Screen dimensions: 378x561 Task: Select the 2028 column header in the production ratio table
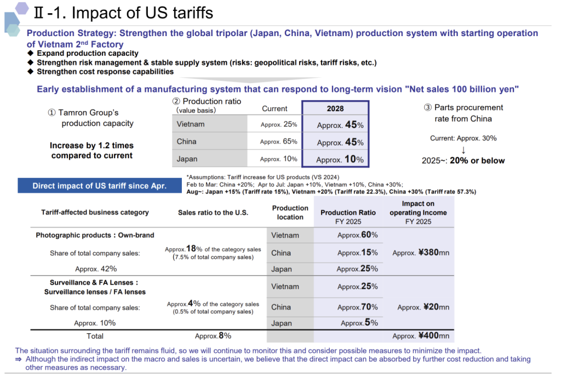[335, 108]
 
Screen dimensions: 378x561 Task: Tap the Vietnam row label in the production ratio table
[191, 124]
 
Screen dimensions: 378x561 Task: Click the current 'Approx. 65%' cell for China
[279, 142]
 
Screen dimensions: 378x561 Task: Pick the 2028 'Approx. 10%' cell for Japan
[340, 160]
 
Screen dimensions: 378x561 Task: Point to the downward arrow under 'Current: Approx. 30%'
[463, 150]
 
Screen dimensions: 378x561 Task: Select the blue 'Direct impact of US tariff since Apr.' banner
[99, 186]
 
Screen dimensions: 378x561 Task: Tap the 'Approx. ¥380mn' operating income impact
[421, 253]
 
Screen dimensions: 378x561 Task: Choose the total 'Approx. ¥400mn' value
[421, 336]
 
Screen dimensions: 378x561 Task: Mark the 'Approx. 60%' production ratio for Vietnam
[357, 235]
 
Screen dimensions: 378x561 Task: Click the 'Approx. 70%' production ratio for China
[357, 307]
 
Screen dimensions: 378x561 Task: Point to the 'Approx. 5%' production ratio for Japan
[359, 323]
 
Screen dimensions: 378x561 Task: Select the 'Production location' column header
[290, 212]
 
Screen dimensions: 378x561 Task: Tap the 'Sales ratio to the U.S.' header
[213, 212]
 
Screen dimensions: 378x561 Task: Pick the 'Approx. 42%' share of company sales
[96, 269]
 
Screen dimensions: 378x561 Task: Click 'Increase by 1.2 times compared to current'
[91, 150]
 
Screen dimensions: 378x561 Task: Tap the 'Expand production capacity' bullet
[87, 54]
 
